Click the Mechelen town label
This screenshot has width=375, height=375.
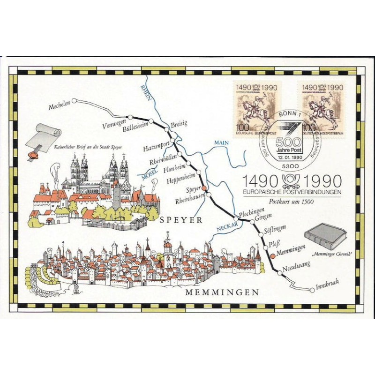[x=59, y=107]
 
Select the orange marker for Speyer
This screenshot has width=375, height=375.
[x=204, y=187]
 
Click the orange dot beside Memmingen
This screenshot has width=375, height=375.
[x=272, y=256]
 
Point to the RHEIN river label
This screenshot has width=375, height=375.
[x=146, y=93]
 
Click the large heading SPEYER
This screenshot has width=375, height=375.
[x=180, y=219]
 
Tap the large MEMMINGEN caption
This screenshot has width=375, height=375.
[x=222, y=292]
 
